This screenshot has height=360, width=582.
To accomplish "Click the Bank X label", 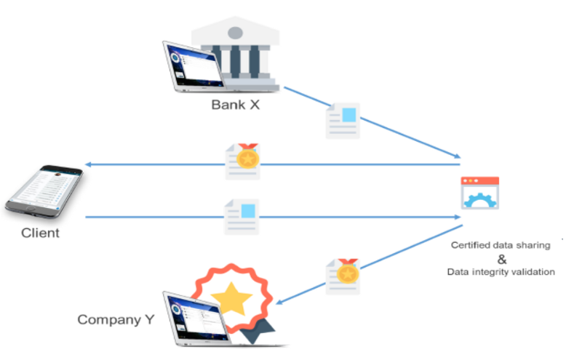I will click(x=236, y=104).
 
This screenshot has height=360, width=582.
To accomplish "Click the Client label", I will click(x=40, y=233).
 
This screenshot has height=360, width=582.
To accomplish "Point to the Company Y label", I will click(x=116, y=319).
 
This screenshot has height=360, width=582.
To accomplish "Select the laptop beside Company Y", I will click(x=196, y=320).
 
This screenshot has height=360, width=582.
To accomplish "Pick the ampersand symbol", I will click(x=501, y=259).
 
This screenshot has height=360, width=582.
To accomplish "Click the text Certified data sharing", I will click(x=501, y=245).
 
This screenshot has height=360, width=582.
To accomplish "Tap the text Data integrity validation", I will click(x=501, y=272).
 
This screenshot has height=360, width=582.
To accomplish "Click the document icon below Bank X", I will click(x=343, y=119).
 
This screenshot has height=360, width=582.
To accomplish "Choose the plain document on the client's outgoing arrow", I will click(x=242, y=216).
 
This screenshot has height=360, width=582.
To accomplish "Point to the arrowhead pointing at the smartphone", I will click(x=87, y=164).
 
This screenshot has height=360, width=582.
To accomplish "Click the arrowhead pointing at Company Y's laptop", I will click(x=279, y=303).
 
